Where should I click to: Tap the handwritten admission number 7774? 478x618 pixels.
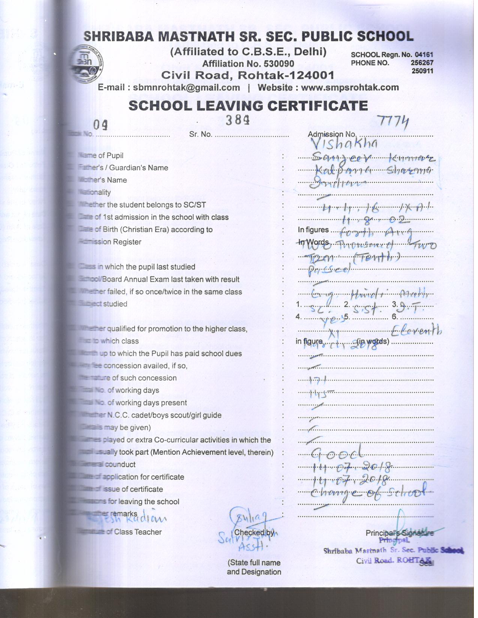(x=393, y=122)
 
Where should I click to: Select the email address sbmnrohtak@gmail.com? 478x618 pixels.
(x=186, y=88)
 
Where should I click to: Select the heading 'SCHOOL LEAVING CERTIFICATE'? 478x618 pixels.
(x=248, y=106)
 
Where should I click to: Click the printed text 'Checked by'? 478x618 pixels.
(x=254, y=532)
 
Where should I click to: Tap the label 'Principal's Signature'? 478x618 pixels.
(x=400, y=533)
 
